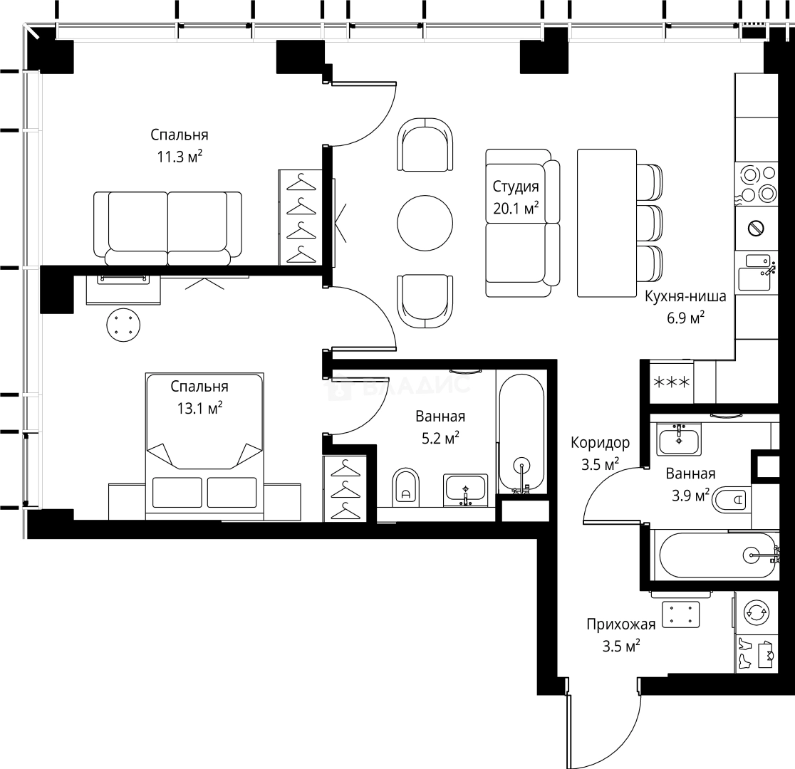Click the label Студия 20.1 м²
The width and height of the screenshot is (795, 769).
[x=515, y=197]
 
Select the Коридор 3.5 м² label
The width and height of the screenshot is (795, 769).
[x=600, y=454]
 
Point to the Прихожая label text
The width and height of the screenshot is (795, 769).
[x=620, y=625]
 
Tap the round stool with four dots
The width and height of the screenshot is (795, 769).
[x=123, y=325]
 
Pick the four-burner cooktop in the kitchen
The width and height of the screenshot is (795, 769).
[x=757, y=183]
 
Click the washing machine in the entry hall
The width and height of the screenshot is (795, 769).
[x=757, y=612]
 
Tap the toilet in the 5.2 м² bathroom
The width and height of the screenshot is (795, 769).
[x=406, y=486]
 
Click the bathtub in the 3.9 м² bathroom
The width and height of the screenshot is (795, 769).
[x=717, y=555]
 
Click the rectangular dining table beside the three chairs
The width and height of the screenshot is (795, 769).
[x=606, y=223]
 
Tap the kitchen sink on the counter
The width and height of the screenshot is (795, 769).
[x=755, y=273]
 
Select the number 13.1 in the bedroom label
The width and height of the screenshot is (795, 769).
[x=190, y=409]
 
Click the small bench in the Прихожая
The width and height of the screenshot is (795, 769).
[x=681, y=614]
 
